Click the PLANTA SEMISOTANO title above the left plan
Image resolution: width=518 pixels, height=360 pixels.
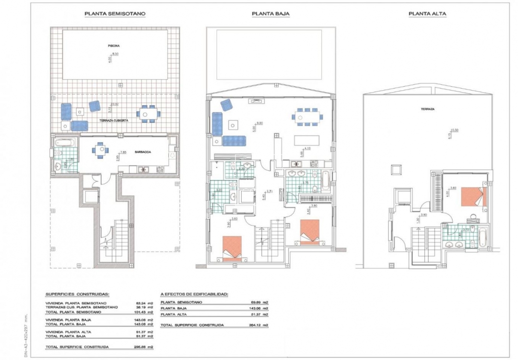(x=115, y=14)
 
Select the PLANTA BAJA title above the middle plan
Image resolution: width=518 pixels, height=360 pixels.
(x=270, y=14)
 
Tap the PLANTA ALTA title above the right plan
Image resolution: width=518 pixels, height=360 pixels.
(x=427, y=14)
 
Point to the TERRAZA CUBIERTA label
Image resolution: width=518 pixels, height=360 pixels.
(x=114, y=121)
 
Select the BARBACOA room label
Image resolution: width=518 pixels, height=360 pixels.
(x=142, y=152)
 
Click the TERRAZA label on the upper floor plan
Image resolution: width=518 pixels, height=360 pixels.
(x=428, y=109)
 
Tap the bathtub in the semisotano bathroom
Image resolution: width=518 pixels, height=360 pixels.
(x=64, y=143)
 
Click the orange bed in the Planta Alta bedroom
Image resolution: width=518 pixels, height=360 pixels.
(x=474, y=197)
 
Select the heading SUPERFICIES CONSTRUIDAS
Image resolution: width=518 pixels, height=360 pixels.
(x=77, y=294)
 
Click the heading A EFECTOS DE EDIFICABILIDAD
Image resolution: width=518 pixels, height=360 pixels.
(x=194, y=294)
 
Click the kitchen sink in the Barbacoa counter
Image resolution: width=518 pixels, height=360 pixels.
(x=142, y=169)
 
